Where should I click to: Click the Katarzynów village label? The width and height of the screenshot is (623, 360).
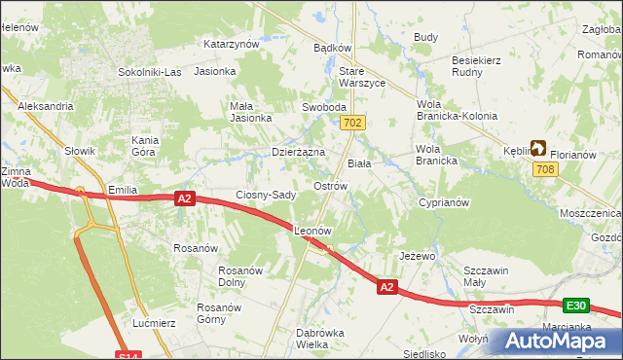click(231, 44)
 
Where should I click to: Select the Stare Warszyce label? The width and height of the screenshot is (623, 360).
click(361, 78)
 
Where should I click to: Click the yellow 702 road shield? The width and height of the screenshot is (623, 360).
click(353, 123)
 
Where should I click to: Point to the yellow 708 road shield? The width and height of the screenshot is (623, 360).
click(545, 170)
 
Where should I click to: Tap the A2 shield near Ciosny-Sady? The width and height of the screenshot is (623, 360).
click(186, 198)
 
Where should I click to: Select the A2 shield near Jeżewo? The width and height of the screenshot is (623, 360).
click(387, 287)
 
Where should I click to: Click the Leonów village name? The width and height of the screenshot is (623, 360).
click(313, 232)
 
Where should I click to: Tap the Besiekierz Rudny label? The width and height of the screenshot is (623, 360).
click(476, 66)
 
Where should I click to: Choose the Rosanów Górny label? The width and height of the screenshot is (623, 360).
click(219, 313)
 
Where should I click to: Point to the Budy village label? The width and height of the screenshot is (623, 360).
click(425, 37)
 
